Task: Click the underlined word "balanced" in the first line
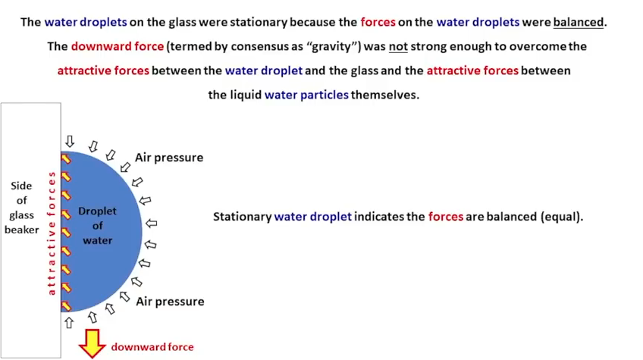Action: coord(579,22)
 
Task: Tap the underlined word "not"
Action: coord(398,46)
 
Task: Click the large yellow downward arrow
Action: coord(93,343)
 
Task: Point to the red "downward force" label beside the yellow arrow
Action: coord(152,347)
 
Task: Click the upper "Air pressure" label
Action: coord(169,158)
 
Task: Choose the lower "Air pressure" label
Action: coord(170,302)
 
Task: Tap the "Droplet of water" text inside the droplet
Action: coord(97,226)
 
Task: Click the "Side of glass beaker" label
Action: coord(22,208)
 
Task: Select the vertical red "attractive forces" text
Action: coord(52,233)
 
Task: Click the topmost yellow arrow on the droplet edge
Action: coord(66,158)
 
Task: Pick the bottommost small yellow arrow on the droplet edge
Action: coord(66,306)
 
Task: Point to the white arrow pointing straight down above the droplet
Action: coord(70,142)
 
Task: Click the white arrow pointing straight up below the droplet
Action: coord(69,323)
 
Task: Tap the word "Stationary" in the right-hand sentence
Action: coord(243,217)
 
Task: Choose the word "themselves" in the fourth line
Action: coord(384,95)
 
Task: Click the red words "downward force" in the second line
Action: coord(118,46)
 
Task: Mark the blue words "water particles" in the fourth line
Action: coord(306,95)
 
